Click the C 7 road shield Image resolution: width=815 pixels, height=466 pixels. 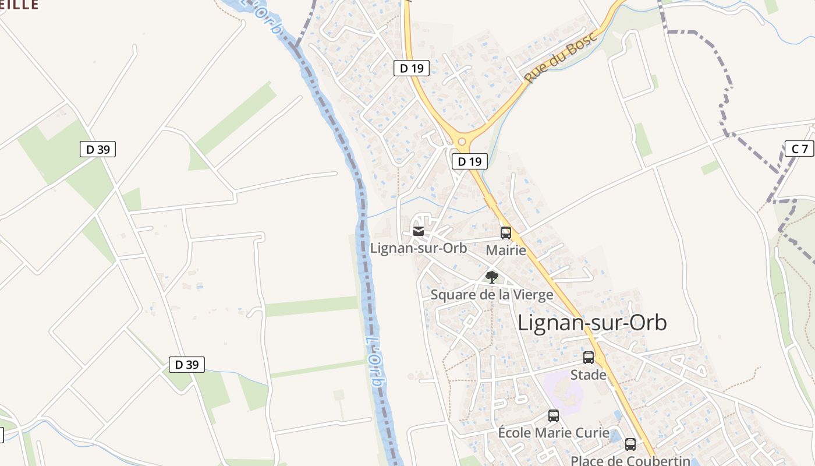800,149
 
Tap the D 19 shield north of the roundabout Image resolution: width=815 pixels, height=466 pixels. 412,68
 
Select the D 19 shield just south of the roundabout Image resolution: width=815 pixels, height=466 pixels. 469,161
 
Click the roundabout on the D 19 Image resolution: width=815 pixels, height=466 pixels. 462,141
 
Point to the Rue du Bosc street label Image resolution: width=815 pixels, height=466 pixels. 561,57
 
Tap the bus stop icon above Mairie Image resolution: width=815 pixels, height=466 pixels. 506,233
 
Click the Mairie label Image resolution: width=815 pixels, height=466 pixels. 506,250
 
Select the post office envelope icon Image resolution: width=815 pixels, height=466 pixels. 418,232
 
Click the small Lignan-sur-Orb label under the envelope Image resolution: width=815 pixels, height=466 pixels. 419,248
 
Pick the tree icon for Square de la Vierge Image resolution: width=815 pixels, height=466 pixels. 492,277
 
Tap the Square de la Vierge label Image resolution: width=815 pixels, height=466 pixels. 492,295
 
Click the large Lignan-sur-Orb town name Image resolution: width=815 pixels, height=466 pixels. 592,323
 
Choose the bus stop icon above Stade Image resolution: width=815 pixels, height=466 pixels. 589,358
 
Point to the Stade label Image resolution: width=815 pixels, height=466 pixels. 588,375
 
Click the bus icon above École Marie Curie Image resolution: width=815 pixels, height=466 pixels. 554,416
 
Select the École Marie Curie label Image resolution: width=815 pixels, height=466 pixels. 554,433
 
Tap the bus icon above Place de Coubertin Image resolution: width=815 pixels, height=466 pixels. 630,444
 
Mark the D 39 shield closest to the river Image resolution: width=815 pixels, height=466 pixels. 187,365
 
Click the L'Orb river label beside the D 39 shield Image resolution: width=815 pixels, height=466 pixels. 374,362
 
